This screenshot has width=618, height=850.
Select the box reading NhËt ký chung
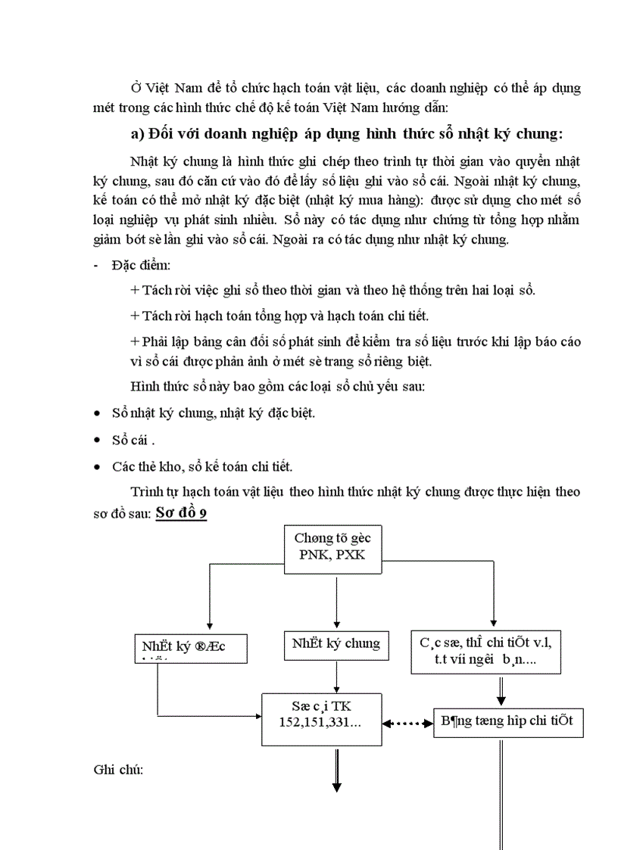[x=335, y=644]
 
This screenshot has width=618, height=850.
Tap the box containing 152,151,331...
[x=322, y=716]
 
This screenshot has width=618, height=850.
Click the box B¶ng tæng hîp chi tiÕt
[x=507, y=721]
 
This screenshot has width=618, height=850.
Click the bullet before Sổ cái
[x=96, y=441]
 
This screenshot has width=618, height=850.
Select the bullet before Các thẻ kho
[x=96, y=466]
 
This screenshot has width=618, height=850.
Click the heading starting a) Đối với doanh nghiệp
[x=347, y=134]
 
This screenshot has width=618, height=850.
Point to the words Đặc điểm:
[x=141, y=266]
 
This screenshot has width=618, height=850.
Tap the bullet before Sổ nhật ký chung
[x=96, y=414]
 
